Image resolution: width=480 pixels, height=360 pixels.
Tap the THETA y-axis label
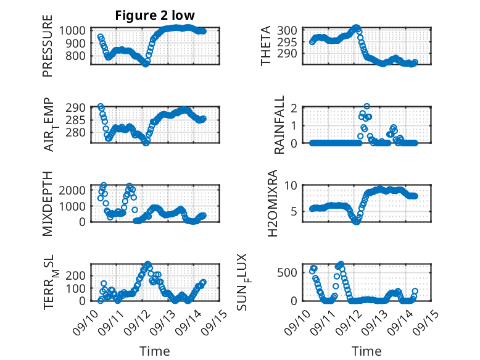click(266, 45)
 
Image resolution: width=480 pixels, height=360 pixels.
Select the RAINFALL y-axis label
click(280, 124)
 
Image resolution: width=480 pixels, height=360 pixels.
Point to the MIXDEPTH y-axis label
click(48, 203)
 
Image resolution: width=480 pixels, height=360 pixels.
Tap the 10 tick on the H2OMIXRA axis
click(292, 185)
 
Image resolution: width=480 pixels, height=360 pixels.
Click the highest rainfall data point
click(366, 107)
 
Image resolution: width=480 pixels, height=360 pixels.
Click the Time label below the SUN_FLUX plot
click(366, 351)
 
